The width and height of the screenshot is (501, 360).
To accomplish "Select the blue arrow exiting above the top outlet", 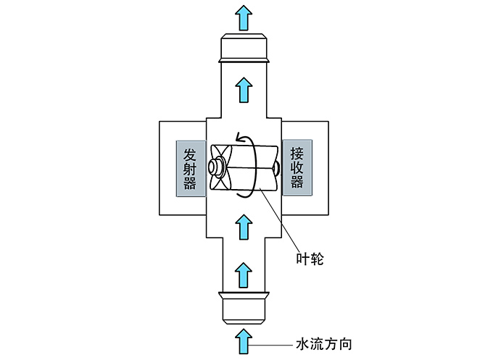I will (245, 16).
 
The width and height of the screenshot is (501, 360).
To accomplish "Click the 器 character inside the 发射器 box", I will (190, 183).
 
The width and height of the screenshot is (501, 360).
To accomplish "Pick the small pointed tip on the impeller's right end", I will (278, 168).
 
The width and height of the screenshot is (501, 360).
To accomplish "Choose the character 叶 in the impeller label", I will (302, 256).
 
